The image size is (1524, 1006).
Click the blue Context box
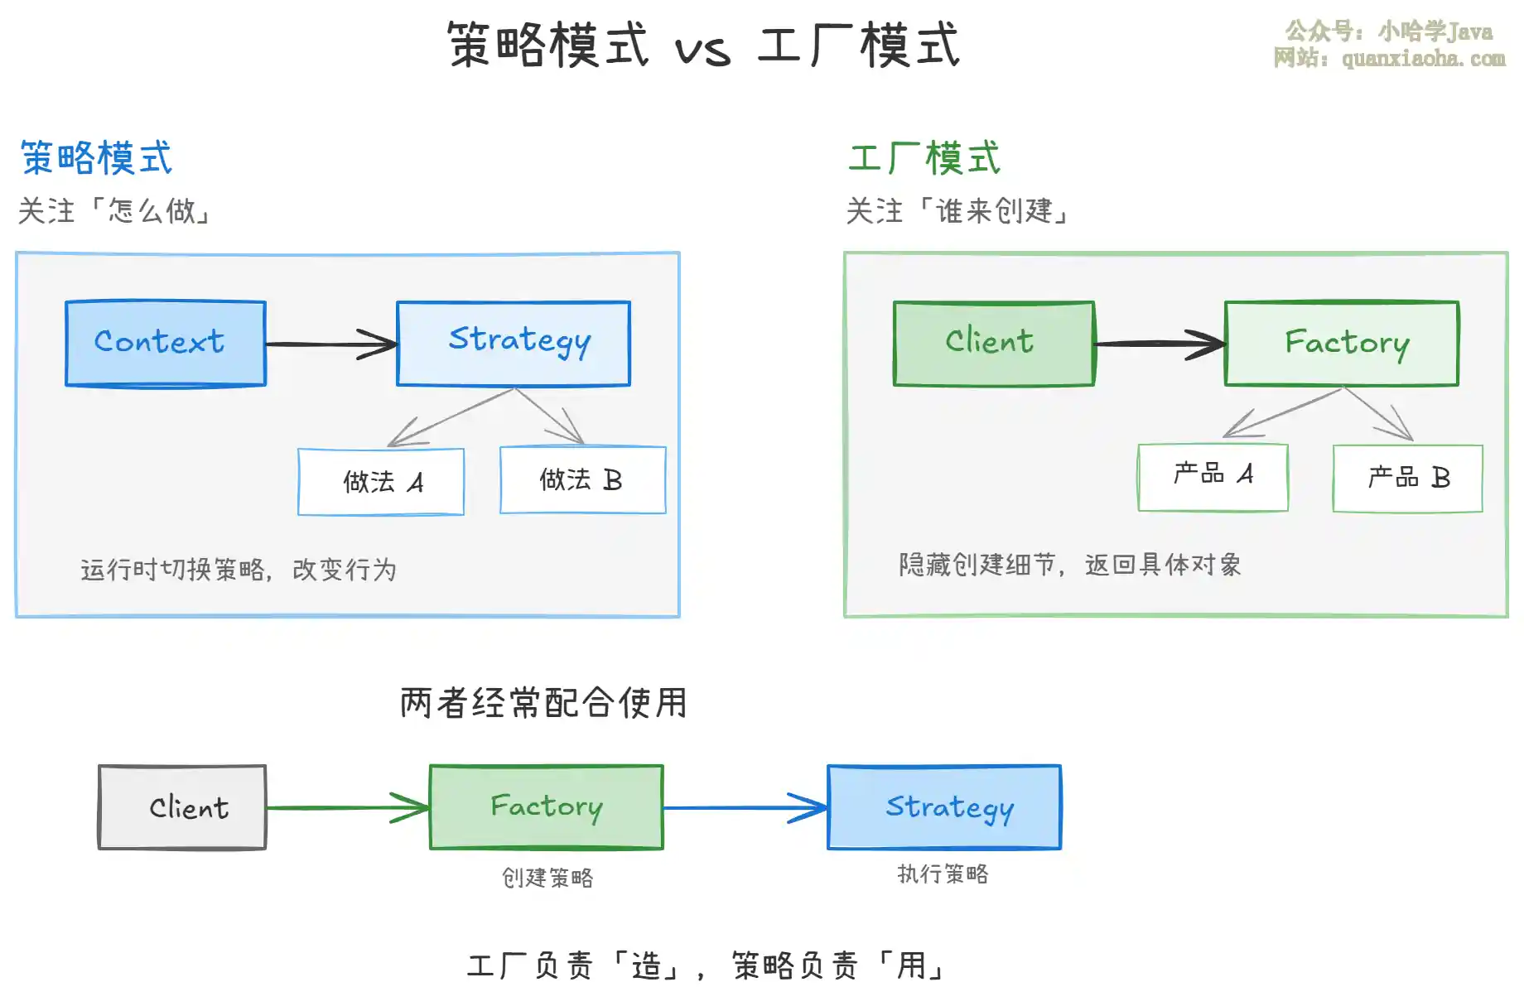[166, 343]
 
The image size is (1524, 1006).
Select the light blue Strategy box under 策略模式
[514, 343]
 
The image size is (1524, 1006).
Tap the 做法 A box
[381, 482]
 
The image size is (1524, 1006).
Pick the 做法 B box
[583, 480]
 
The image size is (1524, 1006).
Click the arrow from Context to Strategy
[331, 344]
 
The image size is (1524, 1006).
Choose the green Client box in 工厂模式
[994, 343]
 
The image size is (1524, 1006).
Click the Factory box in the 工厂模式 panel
[1342, 343]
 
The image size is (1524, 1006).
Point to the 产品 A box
[1213, 477]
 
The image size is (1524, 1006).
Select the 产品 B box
[1408, 479]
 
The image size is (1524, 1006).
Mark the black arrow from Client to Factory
[1160, 344]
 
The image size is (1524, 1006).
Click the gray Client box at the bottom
[182, 807]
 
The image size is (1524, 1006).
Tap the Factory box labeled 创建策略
[547, 807]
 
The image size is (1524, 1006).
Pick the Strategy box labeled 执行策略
[944, 807]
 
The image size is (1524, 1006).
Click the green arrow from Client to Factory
[348, 807]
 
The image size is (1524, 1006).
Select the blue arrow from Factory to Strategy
[745, 807]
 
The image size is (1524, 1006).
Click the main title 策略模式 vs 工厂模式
[704, 45]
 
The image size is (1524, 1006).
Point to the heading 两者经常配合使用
[543, 703]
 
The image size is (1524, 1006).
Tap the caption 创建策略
[547, 878]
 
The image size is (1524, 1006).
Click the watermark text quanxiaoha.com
[1424, 58]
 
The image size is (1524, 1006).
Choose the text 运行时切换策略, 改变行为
[239, 570]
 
